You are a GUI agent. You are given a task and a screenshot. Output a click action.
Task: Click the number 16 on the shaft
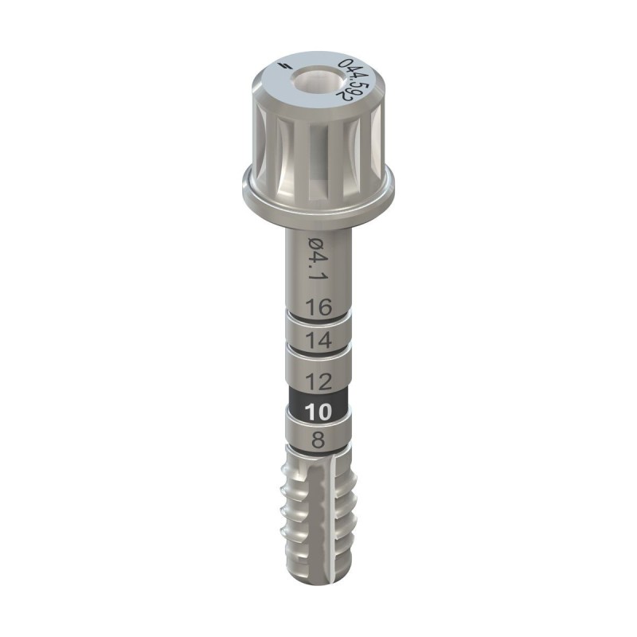coord(318,307)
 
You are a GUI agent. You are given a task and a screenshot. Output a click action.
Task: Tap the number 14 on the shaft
coord(318,341)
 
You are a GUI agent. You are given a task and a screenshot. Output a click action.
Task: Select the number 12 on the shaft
coord(318,381)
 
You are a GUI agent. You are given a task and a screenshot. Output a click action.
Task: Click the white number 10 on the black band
coord(318,412)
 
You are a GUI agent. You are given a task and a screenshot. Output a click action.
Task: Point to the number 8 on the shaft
coord(318,440)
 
